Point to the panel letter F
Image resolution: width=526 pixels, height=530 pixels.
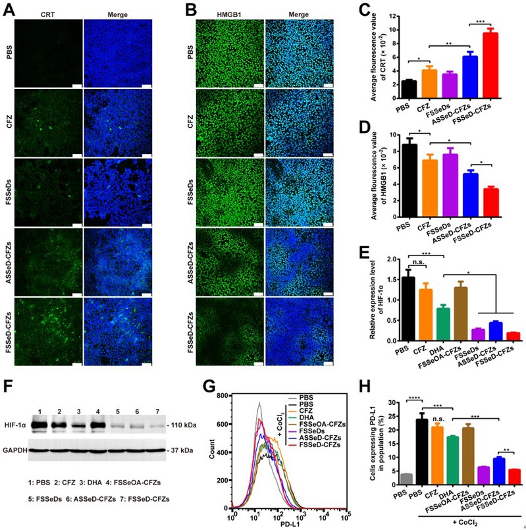pyautogui.click(x=9, y=384)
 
